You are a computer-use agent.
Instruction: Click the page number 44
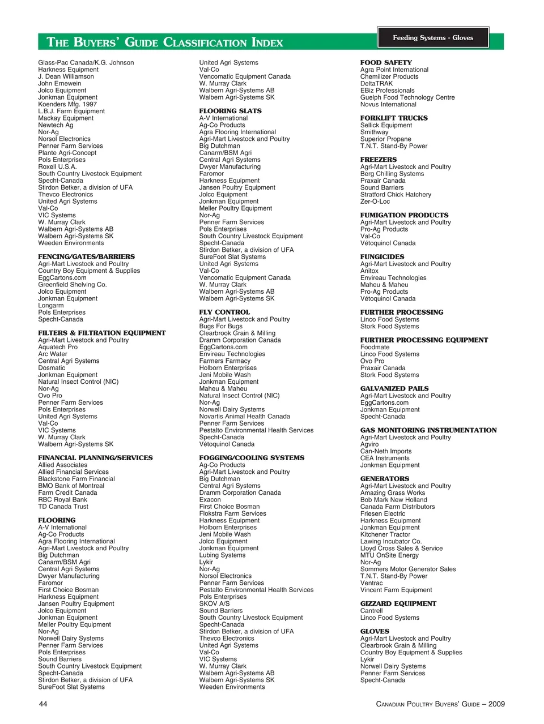(x=43, y=704)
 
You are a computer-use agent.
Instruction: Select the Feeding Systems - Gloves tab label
(x=433, y=38)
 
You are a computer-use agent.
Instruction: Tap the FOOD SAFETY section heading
(x=386, y=63)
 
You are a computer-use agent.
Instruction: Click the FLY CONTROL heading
(x=224, y=312)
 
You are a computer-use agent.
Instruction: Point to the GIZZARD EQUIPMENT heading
(x=398, y=604)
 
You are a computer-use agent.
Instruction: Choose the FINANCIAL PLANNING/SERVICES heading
(x=95, y=458)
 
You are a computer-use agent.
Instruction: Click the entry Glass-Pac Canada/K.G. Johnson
(x=86, y=63)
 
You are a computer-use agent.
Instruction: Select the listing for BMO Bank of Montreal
(x=71, y=486)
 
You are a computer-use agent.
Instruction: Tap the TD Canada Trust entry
(x=63, y=507)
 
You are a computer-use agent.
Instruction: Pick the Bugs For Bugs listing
(x=221, y=327)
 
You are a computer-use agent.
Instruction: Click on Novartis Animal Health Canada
(x=245, y=417)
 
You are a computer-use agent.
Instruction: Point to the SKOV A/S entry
(x=215, y=604)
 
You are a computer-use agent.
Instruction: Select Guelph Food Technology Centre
(x=407, y=97)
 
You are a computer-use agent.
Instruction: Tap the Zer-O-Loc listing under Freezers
(x=375, y=202)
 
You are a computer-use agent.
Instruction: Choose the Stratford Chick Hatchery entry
(x=396, y=195)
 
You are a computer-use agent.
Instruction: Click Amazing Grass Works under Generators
(x=393, y=493)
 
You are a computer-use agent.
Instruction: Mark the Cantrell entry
(x=372, y=611)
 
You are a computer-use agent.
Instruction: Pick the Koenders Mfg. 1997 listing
(x=67, y=104)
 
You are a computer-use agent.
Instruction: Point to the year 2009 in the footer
(x=496, y=704)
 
